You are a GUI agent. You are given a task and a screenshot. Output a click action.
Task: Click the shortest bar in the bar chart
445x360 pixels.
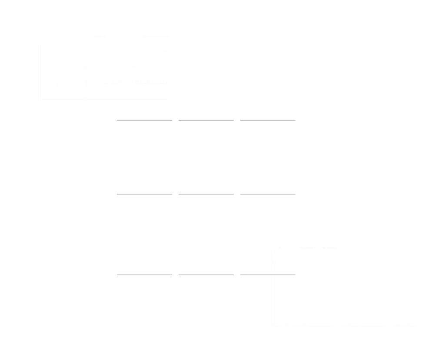[346, 314]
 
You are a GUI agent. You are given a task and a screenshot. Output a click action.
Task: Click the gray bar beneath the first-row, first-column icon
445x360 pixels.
[144, 195]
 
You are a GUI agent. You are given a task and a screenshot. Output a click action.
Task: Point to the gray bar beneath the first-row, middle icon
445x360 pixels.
[207, 195]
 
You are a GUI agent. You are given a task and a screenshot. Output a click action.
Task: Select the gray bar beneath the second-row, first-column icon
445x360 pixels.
[144, 274]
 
